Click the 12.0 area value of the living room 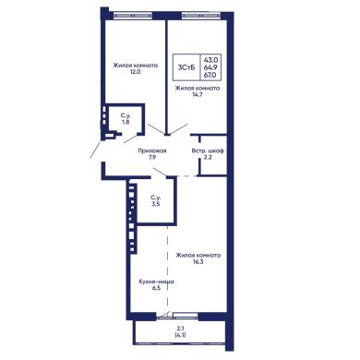136,72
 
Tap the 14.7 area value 198,95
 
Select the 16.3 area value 198,262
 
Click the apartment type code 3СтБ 186,68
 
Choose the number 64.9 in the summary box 210,67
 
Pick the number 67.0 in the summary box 210,75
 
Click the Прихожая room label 152,150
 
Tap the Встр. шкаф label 208,151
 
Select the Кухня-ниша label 157,282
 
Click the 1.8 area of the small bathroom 126,122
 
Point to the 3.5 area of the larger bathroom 156,204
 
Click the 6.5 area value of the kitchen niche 156,288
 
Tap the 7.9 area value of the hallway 152,158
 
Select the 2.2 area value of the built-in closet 208,158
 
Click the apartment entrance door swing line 95,150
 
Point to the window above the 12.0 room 133,14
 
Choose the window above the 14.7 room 200,14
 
